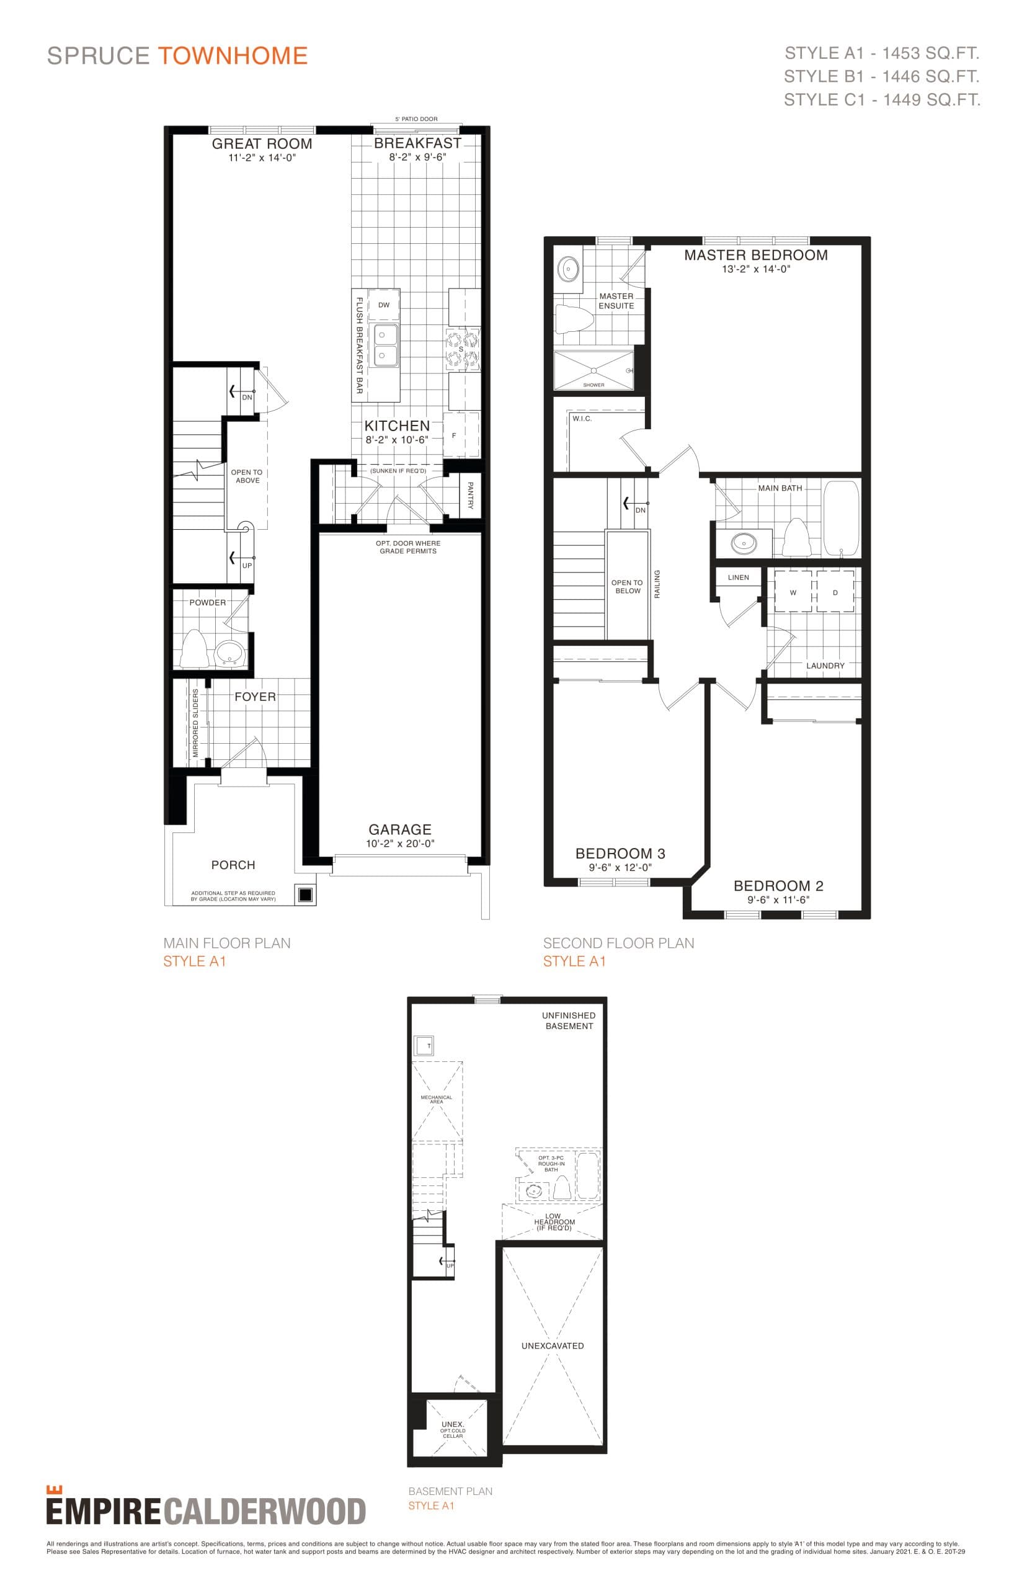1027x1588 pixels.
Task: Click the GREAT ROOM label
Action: pyautogui.click(x=262, y=143)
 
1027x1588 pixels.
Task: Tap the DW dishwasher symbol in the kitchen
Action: pyautogui.click(x=383, y=305)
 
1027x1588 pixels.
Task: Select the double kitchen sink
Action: pyautogui.click(x=385, y=345)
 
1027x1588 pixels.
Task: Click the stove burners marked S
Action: pyautogui.click(x=462, y=349)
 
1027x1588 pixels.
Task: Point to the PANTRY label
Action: pyautogui.click(x=470, y=495)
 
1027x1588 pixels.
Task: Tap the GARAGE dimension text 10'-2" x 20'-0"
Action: pyautogui.click(x=400, y=843)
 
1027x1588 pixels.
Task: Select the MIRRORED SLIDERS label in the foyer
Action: pyautogui.click(x=195, y=724)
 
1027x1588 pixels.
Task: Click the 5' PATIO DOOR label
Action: pyautogui.click(x=416, y=119)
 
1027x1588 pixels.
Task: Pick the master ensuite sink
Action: pyautogui.click(x=568, y=269)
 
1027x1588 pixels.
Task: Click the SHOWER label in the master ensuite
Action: pyautogui.click(x=594, y=385)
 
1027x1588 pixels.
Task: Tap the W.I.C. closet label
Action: pyautogui.click(x=582, y=419)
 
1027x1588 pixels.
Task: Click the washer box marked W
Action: pyautogui.click(x=793, y=592)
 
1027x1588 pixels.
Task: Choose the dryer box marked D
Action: pyautogui.click(x=835, y=592)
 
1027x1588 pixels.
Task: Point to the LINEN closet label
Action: pyautogui.click(x=738, y=578)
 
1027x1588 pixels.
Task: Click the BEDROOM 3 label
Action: pyautogui.click(x=620, y=853)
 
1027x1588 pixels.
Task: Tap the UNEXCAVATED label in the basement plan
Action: pyautogui.click(x=552, y=1346)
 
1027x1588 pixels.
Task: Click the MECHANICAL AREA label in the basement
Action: pyautogui.click(x=436, y=1099)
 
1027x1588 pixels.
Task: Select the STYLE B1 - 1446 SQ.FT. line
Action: pyautogui.click(x=881, y=76)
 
